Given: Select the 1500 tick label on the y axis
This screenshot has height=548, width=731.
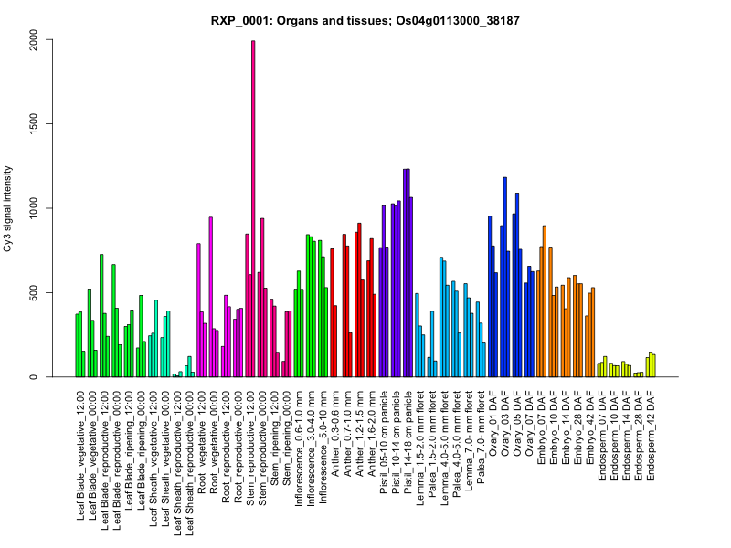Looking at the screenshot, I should (x=34, y=123).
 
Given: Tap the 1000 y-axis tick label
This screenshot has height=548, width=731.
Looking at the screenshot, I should (x=34, y=208).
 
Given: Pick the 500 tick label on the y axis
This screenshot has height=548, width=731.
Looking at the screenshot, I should (x=34, y=292).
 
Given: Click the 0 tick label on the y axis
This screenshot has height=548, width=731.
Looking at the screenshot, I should (x=34, y=377).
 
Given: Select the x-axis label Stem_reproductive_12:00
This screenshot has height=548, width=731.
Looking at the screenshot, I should (x=249, y=442).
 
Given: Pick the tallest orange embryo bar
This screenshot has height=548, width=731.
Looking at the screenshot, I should (x=544, y=301).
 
